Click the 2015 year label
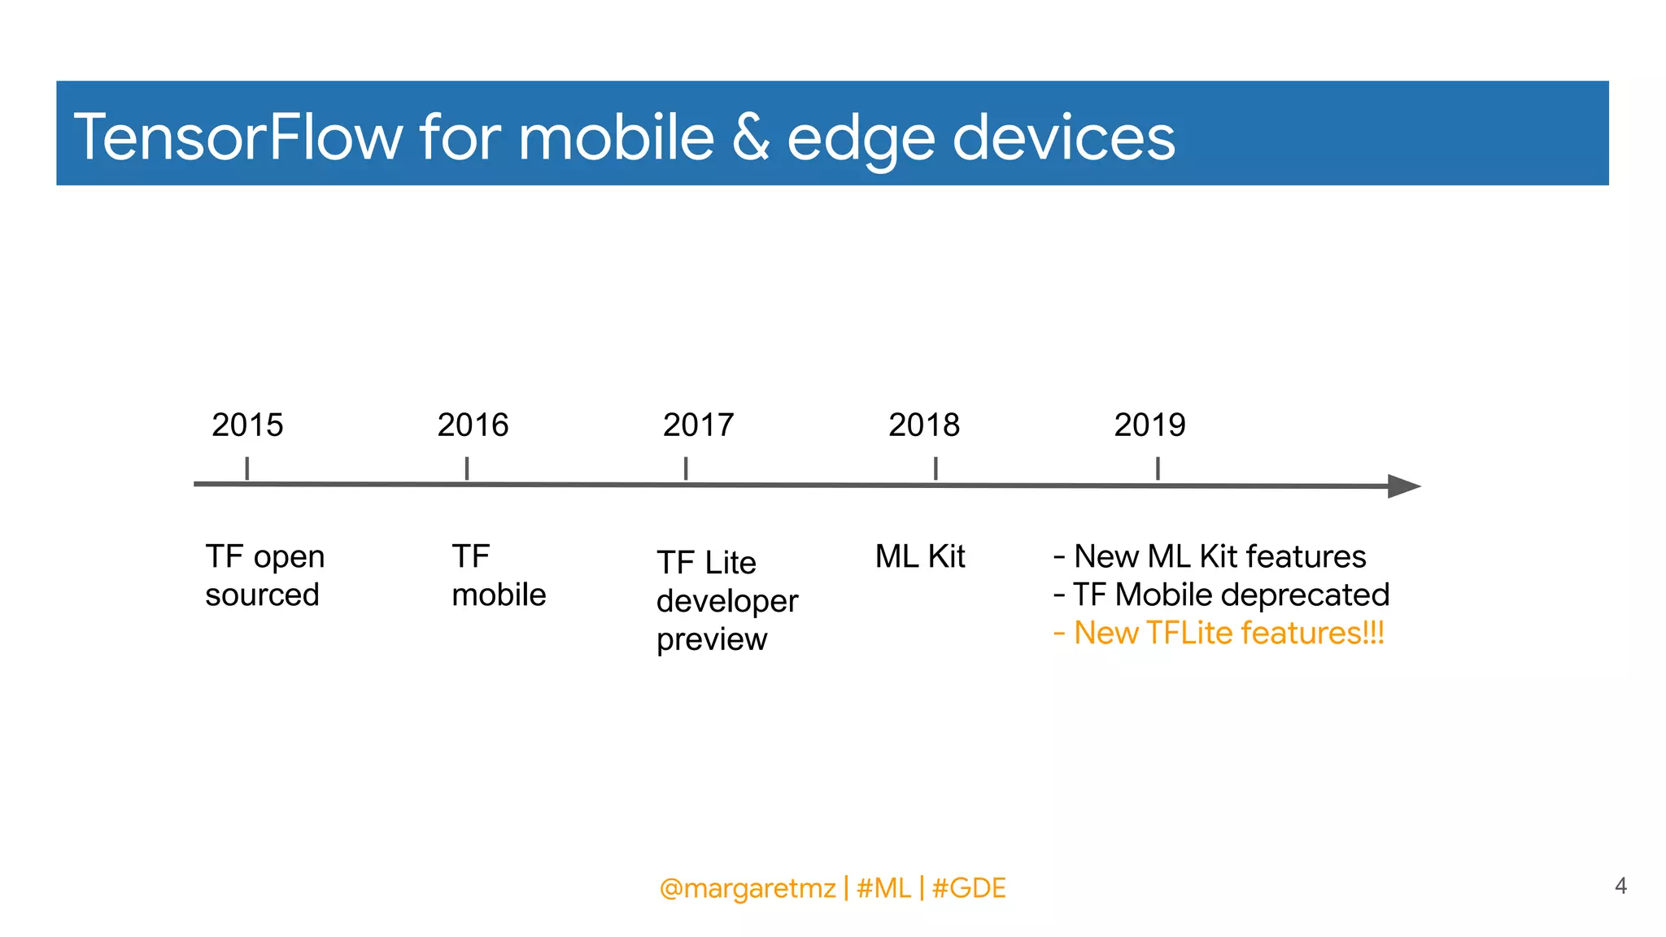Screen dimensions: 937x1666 pos(247,425)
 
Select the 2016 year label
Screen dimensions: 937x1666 pos(473,425)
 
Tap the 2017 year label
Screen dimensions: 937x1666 pos(698,425)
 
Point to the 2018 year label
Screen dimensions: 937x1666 pos(923,425)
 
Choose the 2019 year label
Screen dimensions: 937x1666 pos(1149,425)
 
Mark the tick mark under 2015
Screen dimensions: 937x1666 pos(246,468)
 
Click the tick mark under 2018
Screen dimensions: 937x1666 pos(935,468)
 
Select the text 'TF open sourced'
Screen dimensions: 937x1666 pos(264,576)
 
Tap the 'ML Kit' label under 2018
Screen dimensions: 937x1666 pos(919,557)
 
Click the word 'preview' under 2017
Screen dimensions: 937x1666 pos(711,640)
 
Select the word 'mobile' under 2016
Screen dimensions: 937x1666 pos(499,595)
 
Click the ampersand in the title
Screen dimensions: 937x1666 pos(750,137)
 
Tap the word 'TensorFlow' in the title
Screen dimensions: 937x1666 pos(238,137)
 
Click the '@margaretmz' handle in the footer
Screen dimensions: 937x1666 pos(747,888)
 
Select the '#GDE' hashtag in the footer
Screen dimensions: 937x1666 pos(969,888)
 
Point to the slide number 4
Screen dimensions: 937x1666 pos(1620,886)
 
